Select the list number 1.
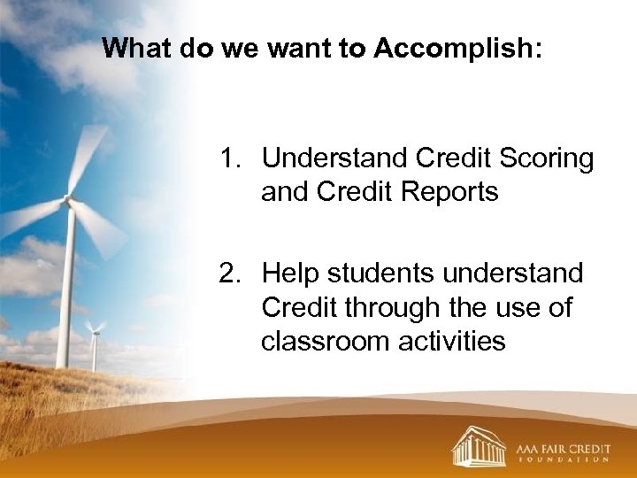(232, 158)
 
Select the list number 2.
(232, 274)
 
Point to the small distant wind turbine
(93, 341)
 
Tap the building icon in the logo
(479, 446)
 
